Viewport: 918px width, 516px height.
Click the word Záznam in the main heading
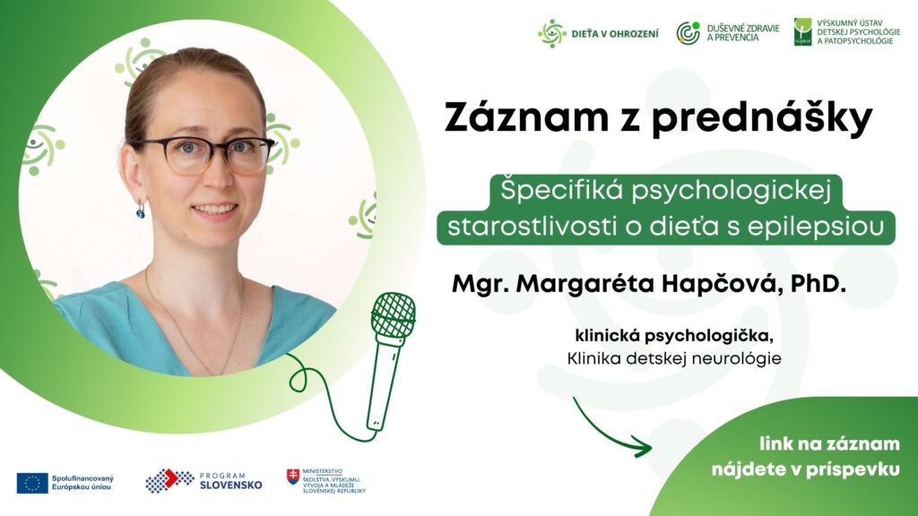pos(526,117)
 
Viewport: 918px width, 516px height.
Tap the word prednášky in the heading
pos(762,119)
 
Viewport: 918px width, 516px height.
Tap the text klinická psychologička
pos(671,337)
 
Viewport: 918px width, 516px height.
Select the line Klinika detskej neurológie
pos(674,358)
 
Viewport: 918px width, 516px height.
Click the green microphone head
pos(394,315)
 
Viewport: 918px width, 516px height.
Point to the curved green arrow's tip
pos(651,449)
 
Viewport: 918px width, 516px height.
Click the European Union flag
pos(32,483)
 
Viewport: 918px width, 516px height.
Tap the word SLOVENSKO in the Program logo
pos(230,485)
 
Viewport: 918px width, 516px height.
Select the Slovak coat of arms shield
pos(293,477)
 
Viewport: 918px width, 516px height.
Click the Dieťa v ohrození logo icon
pos(552,33)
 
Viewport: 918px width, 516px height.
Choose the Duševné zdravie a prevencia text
pos(743,33)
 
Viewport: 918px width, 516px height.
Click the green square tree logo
pos(802,31)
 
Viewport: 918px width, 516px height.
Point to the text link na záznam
pos(829,444)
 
